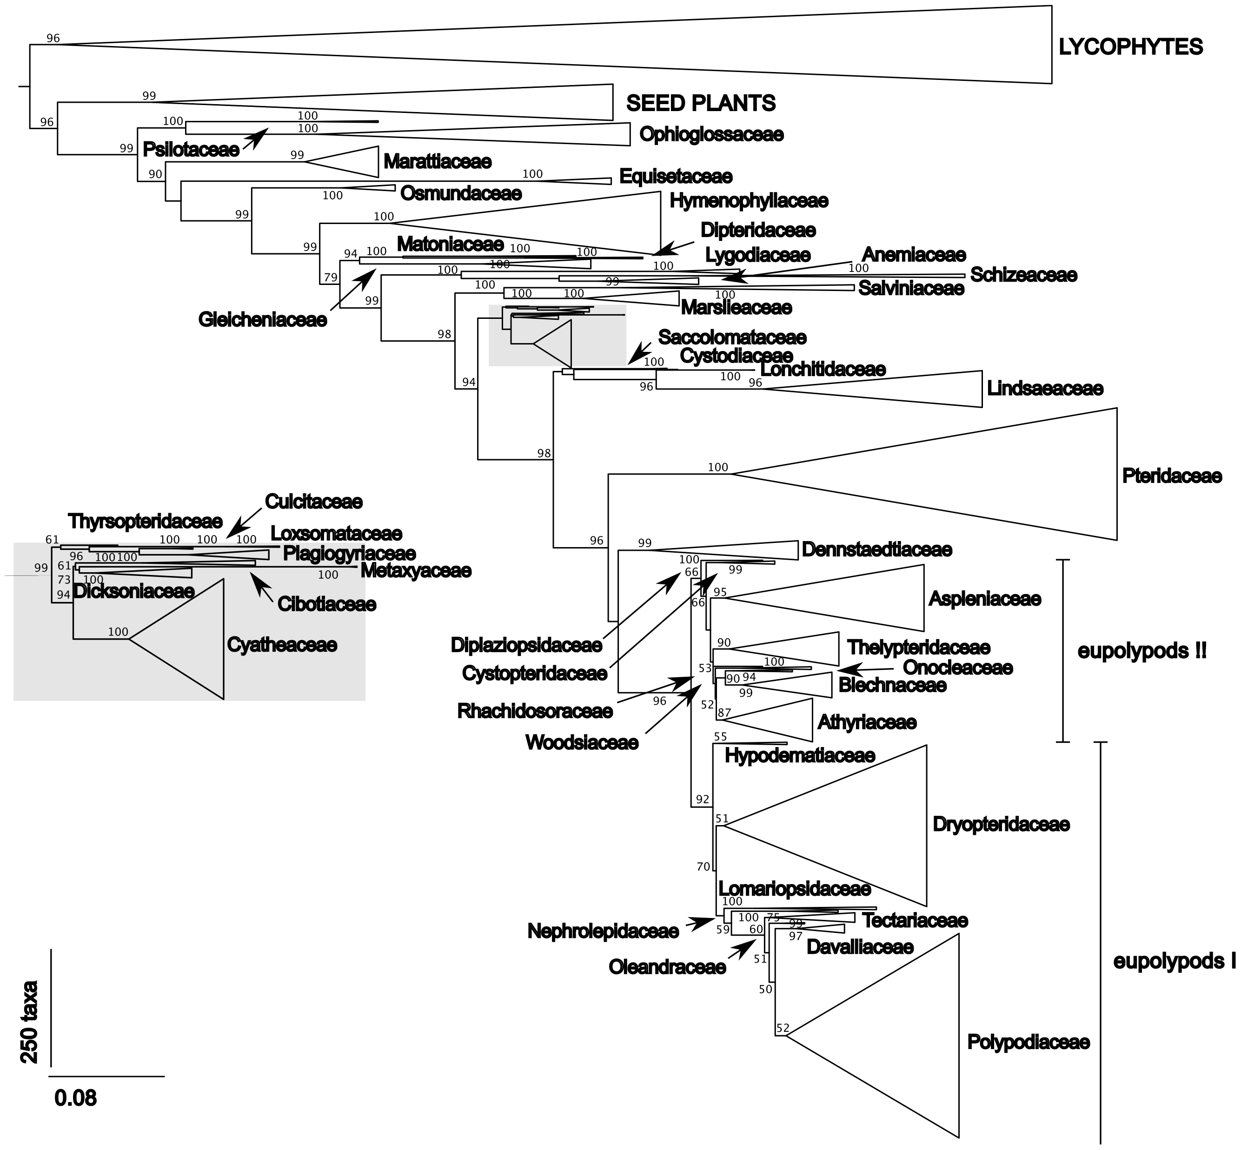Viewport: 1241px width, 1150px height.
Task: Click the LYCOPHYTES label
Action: click(1130, 47)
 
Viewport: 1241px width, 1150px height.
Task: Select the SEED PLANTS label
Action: click(701, 103)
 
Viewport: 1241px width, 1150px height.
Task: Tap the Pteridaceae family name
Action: click(1172, 476)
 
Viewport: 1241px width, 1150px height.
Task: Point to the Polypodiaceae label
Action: click(1028, 1042)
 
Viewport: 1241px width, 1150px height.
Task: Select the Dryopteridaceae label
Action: click(1001, 825)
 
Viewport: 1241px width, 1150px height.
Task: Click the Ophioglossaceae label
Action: click(711, 134)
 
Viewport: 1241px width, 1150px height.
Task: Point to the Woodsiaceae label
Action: click(582, 742)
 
